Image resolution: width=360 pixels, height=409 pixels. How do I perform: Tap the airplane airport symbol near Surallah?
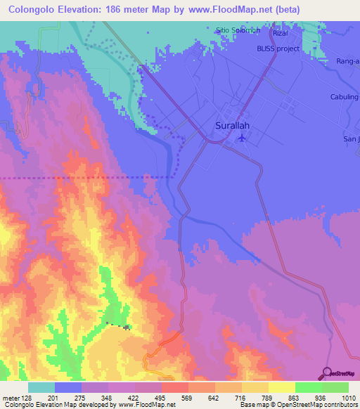(243, 137)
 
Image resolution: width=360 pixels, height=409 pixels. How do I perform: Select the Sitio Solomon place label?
(238, 31)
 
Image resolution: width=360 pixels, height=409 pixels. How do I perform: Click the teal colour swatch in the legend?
(41, 387)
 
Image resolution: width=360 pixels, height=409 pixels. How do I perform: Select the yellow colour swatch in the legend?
(281, 387)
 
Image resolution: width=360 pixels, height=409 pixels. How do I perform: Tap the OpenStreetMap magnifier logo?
(327, 372)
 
